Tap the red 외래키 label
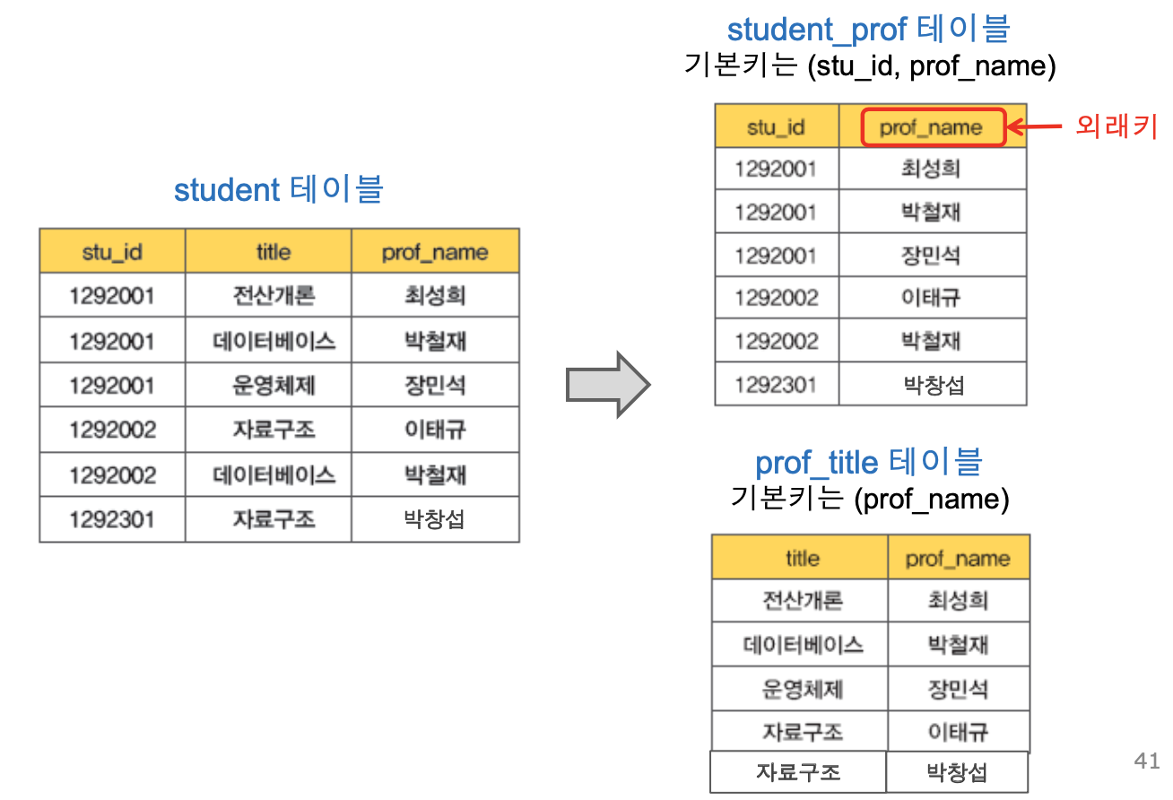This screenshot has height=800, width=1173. click(1117, 127)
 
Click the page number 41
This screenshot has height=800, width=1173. click(1147, 761)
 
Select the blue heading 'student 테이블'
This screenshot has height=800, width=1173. click(278, 190)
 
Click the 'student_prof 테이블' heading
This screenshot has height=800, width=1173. click(868, 30)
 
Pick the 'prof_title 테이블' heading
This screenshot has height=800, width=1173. click(868, 463)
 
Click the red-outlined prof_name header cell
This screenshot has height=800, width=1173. click(933, 127)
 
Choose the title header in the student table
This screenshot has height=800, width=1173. click(273, 252)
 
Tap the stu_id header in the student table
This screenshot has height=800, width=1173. click(112, 252)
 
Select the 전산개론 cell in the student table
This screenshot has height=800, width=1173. click(273, 296)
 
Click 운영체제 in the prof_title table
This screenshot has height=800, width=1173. click(802, 689)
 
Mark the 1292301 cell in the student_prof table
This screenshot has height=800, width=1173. click(776, 386)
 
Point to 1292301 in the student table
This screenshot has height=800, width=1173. click(112, 519)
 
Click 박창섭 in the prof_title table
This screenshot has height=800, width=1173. click(957, 772)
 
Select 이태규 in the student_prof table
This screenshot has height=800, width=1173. click(932, 298)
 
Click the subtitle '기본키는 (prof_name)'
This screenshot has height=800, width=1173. click(870, 499)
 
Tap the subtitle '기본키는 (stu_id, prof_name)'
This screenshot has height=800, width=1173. click(869, 66)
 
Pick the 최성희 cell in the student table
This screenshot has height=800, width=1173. click(435, 296)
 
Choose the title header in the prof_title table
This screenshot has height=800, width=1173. click(802, 559)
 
